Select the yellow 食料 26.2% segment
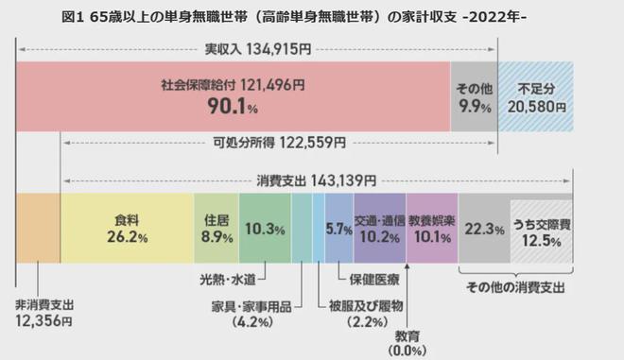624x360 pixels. coord(126,228)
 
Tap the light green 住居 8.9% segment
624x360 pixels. coord(216,228)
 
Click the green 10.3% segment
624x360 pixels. coord(265,228)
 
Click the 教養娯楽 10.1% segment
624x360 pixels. coord(431,228)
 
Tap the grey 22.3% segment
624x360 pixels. coord(483,228)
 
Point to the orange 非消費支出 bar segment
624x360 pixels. coord(38,228)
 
